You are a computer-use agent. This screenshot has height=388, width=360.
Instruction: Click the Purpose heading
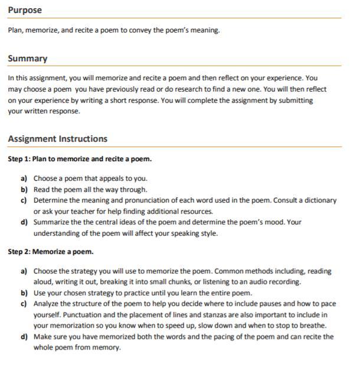click(25, 11)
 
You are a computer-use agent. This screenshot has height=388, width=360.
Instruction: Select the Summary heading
click(28, 58)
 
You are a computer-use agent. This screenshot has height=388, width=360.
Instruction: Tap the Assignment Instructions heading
click(58, 139)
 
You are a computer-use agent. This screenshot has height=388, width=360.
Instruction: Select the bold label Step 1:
click(19, 159)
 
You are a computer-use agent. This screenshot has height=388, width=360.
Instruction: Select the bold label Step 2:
click(19, 252)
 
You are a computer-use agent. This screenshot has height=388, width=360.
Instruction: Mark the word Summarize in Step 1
click(53, 222)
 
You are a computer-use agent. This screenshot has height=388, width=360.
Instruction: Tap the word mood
click(272, 222)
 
